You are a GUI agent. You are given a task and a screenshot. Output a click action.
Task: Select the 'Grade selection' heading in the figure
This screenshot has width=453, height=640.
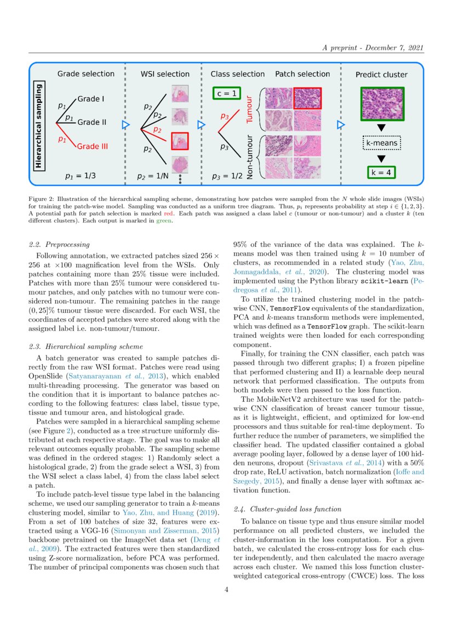(86, 74)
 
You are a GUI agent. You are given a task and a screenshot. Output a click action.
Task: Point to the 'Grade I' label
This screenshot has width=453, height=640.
(90, 99)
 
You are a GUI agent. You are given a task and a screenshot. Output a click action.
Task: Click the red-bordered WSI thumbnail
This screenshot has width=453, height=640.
(180, 141)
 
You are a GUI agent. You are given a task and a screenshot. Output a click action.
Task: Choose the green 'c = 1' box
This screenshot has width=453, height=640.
(226, 94)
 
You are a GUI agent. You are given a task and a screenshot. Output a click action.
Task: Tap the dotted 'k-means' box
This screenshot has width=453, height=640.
(382, 144)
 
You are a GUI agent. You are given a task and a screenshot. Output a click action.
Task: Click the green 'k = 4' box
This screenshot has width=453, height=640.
(382, 172)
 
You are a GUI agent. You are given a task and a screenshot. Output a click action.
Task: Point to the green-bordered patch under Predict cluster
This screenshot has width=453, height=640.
(382, 104)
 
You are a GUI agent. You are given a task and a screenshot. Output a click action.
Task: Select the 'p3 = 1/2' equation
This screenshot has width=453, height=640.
(230, 177)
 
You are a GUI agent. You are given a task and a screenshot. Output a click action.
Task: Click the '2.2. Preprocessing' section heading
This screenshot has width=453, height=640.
(60, 244)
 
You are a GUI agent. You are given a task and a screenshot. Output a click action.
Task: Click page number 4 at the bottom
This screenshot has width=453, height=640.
(226, 590)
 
